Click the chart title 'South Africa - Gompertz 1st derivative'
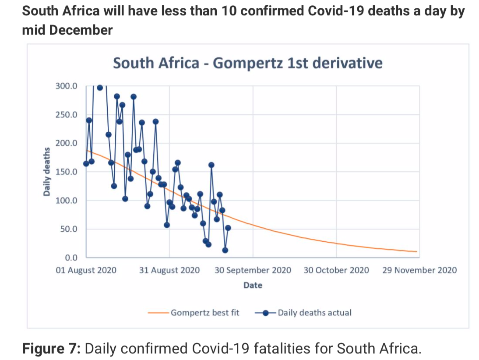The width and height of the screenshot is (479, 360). click(x=247, y=63)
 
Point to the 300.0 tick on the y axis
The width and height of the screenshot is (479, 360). click(x=67, y=86)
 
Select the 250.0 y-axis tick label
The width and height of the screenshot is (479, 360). click(x=67, y=115)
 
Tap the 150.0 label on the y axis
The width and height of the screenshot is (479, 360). click(x=67, y=172)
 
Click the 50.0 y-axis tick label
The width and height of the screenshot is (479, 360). click(x=68, y=229)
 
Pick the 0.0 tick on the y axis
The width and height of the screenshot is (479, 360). click(x=70, y=258)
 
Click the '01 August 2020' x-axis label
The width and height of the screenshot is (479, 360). click(x=86, y=270)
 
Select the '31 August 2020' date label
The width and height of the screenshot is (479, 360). click(x=169, y=270)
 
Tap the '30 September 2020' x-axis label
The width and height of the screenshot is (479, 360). click(x=253, y=270)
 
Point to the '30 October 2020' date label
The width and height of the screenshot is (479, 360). click(x=336, y=270)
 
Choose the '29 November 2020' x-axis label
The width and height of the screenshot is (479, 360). click(x=419, y=270)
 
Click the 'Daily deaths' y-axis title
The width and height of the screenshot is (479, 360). click(x=46, y=172)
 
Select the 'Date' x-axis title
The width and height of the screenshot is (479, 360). click(x=253, y=286)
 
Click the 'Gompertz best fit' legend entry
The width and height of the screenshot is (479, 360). click(x=205, y=313)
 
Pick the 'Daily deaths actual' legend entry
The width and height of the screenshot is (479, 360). click(x=314, y=313)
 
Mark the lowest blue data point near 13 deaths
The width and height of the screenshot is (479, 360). click(x=225, y=250)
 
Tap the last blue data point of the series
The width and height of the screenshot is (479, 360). click(x=228, y=228)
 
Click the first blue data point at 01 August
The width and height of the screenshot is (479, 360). click(x=86, y=164)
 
